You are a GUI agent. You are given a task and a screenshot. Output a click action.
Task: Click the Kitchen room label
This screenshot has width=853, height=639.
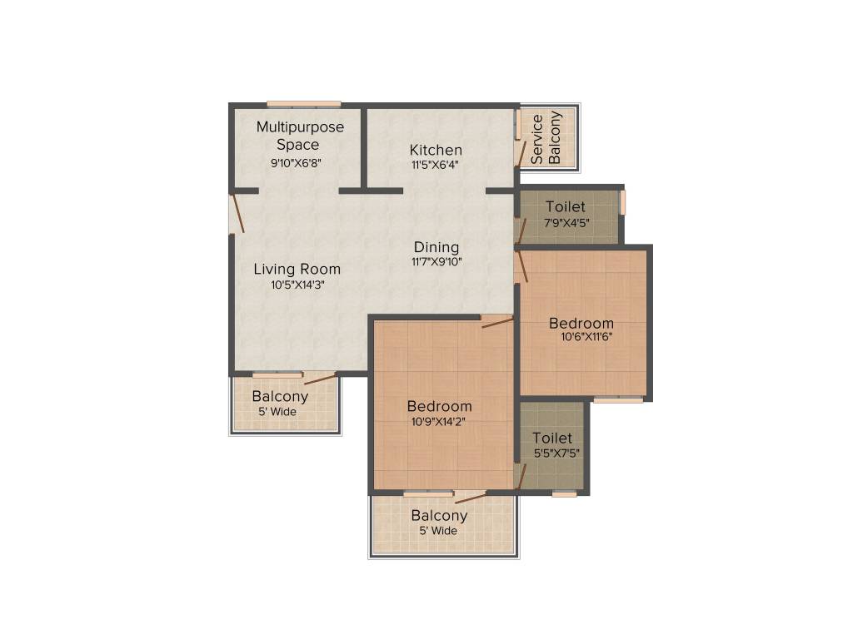pos(436,150)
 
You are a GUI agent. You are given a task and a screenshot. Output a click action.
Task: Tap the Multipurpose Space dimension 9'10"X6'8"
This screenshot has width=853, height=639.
pos(296,163)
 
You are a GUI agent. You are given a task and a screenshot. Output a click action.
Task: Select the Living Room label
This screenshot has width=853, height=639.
pos(297,269)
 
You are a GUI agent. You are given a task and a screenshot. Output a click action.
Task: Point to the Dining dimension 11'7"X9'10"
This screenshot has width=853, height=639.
pos(436,261)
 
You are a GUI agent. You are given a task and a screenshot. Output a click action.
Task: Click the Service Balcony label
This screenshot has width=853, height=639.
pos(546,138)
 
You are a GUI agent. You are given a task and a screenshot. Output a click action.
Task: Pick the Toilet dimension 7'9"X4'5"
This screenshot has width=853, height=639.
pos(566,222)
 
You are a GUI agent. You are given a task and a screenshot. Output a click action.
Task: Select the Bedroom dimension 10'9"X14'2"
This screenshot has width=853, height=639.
pos(439,421)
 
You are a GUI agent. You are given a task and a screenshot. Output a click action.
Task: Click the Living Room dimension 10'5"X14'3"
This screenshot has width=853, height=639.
pos(297,285)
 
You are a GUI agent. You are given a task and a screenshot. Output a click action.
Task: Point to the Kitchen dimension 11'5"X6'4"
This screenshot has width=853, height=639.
pos(436,165)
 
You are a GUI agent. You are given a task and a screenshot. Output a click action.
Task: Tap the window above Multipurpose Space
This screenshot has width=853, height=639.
pos(304,104)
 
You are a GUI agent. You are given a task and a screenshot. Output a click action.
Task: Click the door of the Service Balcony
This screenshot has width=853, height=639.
pos(521,153)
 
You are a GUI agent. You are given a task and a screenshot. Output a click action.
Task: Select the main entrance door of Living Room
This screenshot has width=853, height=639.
pos(238,211)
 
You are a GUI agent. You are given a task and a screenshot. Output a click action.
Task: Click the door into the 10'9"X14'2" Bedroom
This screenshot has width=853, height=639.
pos(497,322)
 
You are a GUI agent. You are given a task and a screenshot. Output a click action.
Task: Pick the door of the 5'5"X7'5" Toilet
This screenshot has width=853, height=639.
pos(520,476)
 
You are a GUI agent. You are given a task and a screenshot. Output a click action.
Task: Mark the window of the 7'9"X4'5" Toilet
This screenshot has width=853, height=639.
pos(622,203)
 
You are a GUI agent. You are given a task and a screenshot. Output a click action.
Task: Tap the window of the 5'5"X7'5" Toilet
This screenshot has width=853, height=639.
pos(565,494)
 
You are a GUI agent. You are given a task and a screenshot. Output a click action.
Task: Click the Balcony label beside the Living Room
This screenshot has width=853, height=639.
pos(280,397)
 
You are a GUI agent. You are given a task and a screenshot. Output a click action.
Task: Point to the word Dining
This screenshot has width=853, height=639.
pos(436,247)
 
